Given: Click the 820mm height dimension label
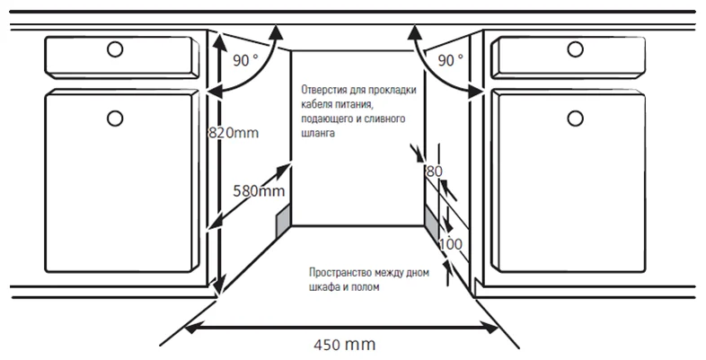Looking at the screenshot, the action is tap(234, 133).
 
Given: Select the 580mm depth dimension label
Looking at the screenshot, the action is tap(259, 191).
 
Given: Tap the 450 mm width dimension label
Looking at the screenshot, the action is tap(344, 345).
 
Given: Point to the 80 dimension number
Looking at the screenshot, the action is tap(434, 171).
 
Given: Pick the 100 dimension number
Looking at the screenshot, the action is tap(450, 244).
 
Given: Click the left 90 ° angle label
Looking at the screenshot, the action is tap(246, 60).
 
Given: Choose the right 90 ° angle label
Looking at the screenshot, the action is tap(450, 60).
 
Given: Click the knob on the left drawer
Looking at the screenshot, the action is tap(115, 49).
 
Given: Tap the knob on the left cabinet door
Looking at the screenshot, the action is tap(115, 119).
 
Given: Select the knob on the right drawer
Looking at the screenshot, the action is tap(575, 49).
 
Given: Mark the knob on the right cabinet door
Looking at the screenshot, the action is tap(575, 119).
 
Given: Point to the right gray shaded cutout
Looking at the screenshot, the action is tap(431, 224).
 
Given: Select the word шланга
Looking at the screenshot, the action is tap(318, 134).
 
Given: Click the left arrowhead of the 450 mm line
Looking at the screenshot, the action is tap(191, 329).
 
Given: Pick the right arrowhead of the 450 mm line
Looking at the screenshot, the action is tap(491, 329).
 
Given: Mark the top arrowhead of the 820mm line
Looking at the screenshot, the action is tap(219, 41).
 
